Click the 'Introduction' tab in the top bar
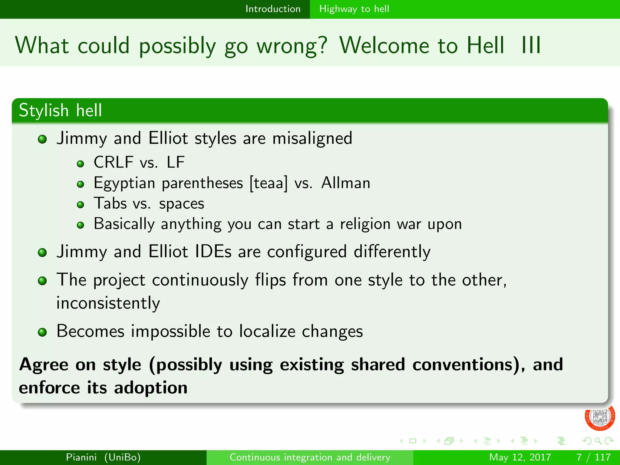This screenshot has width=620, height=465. point(273,9)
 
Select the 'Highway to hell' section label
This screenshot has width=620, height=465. point(354,9)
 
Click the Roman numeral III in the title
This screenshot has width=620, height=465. point(531,45)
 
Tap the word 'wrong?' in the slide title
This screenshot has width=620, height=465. point(292,46)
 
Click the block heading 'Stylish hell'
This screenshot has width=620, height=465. point(60,110)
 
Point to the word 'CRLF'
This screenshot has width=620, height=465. point(113,162)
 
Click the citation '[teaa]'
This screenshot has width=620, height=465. point(268,183)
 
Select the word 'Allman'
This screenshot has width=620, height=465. point(345,183)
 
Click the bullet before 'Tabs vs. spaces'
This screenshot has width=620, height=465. point(80,205)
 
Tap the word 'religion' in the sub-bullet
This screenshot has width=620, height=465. point(365,224)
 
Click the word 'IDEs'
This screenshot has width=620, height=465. point(213,252)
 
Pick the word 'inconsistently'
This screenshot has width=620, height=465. point(108,303)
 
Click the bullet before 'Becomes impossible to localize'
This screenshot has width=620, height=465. point(42,332)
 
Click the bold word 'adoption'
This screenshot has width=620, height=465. point(150,388)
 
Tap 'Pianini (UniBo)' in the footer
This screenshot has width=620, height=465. point(103,457)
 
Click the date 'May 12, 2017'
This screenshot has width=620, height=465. point(520,457)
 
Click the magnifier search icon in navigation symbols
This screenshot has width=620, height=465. point(598,441)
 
